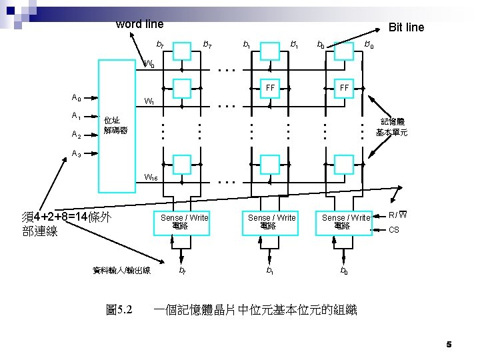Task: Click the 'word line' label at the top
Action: [139, 24]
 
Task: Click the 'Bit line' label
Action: [406, 27]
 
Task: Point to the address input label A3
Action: [76, 153]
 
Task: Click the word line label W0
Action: [150, 65]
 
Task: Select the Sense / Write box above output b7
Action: [184, 222]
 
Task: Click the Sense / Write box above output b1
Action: [271, 222]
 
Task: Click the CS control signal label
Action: [394, 230]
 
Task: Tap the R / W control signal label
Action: [398, 215]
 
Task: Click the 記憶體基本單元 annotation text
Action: [391, 127]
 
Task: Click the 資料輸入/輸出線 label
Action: [121, 270]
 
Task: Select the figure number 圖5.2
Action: [119, 310]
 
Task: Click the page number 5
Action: [449, 344]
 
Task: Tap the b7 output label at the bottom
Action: [182, 271]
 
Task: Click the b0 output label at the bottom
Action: [343, 271]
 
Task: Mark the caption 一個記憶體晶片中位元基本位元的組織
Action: [255, 310]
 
